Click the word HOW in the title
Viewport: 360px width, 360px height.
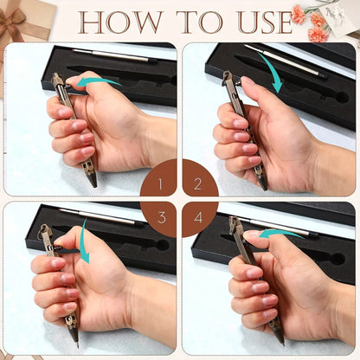pos(120,22)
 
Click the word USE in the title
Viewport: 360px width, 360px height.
pos(266,22)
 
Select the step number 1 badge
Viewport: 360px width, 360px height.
pos(158,177)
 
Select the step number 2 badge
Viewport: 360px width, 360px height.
pos(200,177)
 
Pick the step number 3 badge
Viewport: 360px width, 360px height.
pos(158,219)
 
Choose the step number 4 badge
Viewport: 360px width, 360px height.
pos(200,219)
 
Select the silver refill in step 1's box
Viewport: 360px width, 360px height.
pos(114,55)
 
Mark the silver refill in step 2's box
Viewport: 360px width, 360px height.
pos(286,61)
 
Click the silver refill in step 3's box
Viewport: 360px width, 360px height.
pos(101,216)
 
